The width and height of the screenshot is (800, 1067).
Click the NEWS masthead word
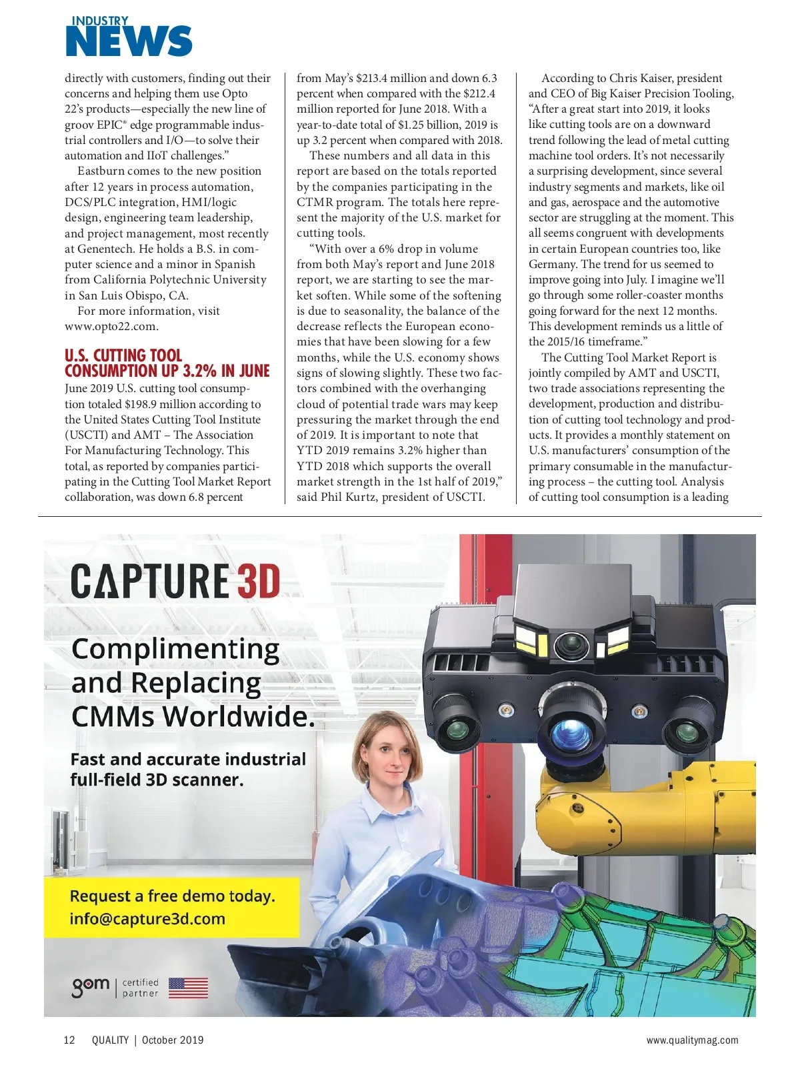click(129, 41)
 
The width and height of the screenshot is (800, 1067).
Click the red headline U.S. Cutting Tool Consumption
click(167, 363)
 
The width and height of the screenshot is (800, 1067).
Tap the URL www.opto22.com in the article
click(111, 327)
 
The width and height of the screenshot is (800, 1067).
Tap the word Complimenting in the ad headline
click(175, 649)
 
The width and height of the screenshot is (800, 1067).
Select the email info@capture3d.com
click(147, 919)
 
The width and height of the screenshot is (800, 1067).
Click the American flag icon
click(188, 988)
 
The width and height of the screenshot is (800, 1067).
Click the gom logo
click(91, 986)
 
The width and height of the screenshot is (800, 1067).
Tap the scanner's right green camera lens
click(687, 730)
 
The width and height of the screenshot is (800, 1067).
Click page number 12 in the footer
click(69, 1040)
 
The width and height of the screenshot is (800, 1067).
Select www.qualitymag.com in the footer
click(692, 1040)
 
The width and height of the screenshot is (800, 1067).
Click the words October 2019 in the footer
click(173, 1040)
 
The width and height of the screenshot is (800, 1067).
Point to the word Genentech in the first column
click(115, 249)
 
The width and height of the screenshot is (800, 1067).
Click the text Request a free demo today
click(172, 896)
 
